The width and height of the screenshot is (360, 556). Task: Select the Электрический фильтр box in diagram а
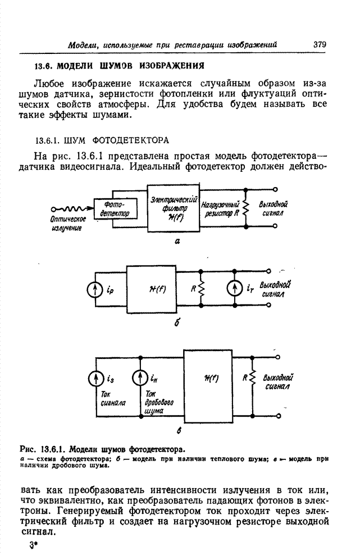click(x=173, y=207)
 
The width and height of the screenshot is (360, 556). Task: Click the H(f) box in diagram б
click(x=153, y=290)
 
